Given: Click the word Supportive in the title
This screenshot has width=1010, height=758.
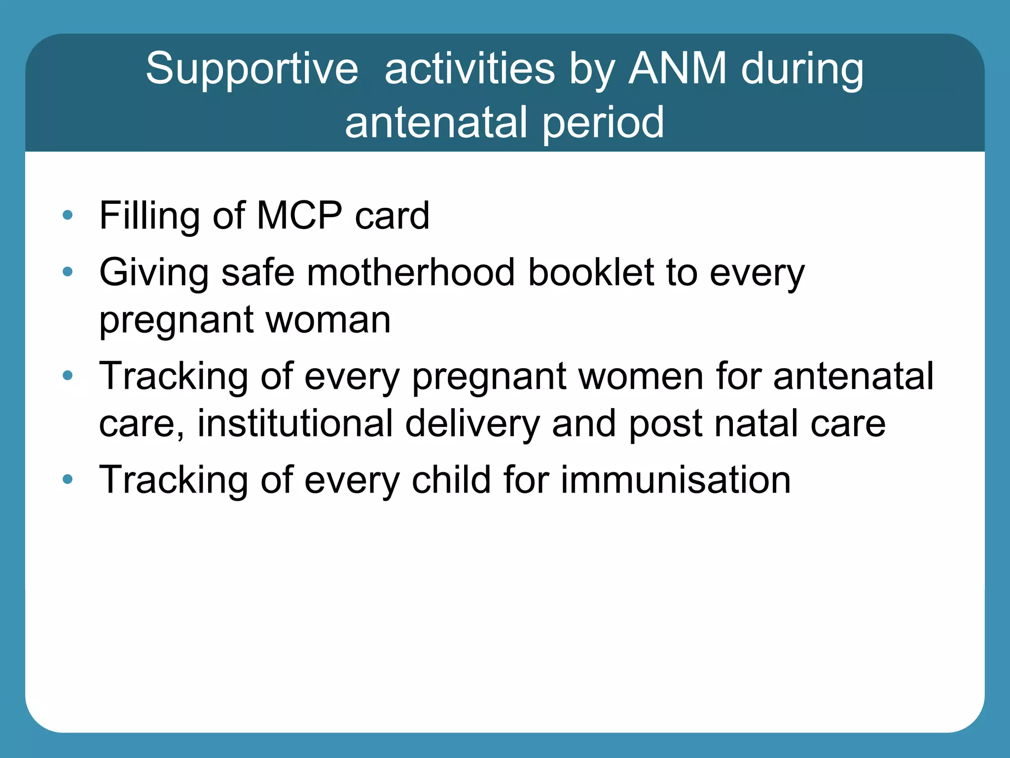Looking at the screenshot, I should point(252,69).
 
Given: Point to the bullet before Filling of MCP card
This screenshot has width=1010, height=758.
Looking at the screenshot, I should point(68,215).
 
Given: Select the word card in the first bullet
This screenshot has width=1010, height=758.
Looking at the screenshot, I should point(392,216).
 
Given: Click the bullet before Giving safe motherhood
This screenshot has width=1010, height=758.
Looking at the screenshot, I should point(68,271).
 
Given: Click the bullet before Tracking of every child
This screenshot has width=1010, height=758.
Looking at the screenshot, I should point(68,479).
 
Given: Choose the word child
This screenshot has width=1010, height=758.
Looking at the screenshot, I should point(451,480).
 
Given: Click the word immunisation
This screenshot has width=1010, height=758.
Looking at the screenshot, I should point(676,480).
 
